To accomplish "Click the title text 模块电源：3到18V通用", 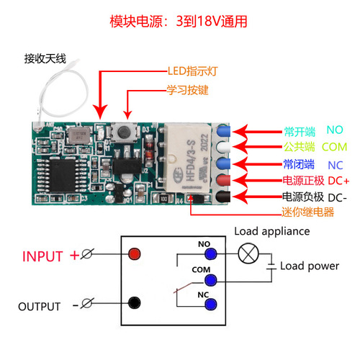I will [x=179, y=21].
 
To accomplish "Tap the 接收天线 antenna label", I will [x=45, y=58].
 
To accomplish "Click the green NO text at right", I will [x=336, y=131].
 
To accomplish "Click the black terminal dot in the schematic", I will [x=133, y=304].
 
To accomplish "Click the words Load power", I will [x=309, y=266].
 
